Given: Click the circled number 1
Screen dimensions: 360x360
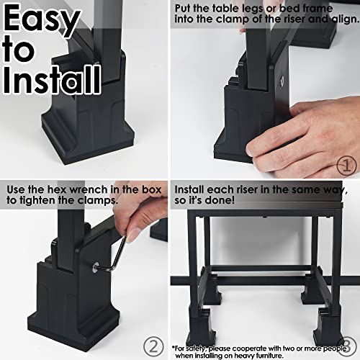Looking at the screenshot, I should pos(346,165).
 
